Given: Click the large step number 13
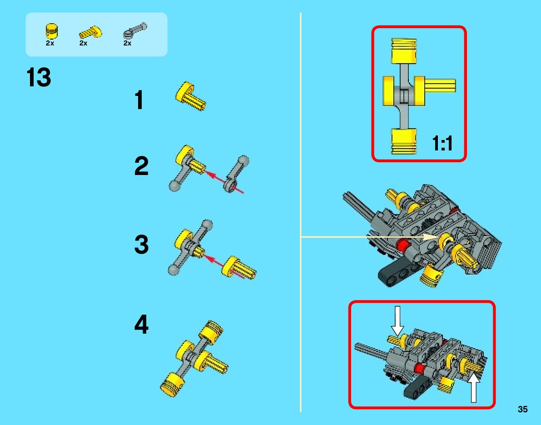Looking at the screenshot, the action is (x=39, y=78).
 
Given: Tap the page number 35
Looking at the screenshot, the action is (x=522, y=410).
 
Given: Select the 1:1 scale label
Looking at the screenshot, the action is (x=442, y=144).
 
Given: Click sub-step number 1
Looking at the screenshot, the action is (x=139, y=100).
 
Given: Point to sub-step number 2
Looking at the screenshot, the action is (x=141, y=167).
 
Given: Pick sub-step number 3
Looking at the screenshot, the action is (x=141, y=245).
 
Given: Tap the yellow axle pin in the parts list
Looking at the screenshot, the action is (x=90, y=32).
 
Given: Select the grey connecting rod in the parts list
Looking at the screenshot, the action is (x=135, y=31).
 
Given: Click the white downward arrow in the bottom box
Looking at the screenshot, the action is (x=397, y=321).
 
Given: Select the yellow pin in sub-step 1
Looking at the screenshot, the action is (x=191, y=96).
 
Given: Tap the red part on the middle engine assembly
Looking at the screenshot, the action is (x=401, y=246).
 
